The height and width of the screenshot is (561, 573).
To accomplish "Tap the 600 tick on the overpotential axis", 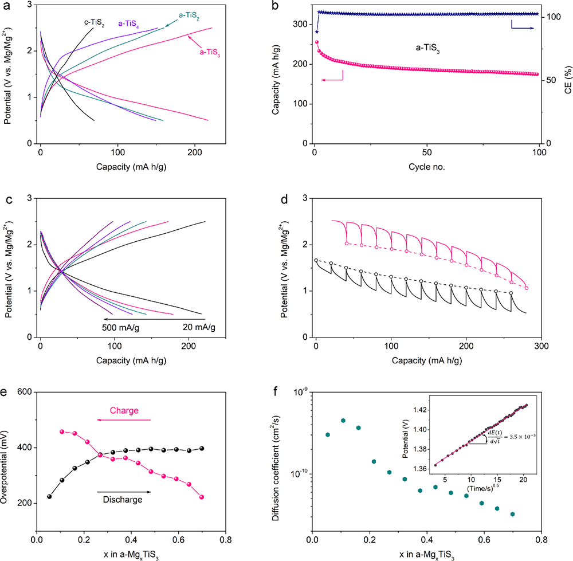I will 23,392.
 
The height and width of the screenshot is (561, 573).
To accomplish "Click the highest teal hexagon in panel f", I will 343,421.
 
